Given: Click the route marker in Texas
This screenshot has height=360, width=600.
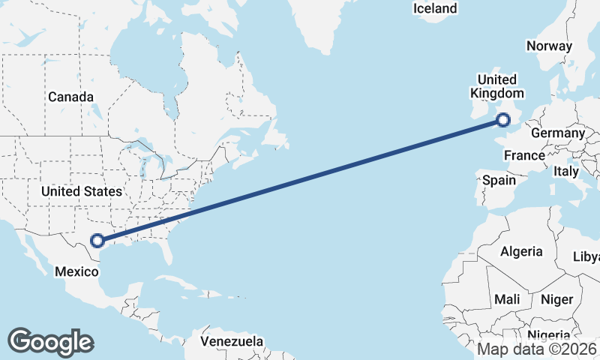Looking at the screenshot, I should [x=97, y=241].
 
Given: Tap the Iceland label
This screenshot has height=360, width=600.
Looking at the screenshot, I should [x=434, y=9].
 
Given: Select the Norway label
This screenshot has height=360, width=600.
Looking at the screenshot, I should [x=549, y=46].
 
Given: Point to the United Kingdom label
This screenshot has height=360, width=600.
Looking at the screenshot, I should [x=496, y=86].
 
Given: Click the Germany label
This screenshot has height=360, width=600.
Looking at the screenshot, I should [x=557, y=133].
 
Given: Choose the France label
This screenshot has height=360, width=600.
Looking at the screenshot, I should [x=523, y=156].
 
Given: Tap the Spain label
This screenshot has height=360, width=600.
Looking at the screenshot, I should [x=499, y=180].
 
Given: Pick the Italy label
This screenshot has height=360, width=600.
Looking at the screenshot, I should [x=566, y=171].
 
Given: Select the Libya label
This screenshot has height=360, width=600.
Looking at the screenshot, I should [x=586, y=257].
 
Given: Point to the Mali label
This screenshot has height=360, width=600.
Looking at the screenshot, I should [x=507, y=299].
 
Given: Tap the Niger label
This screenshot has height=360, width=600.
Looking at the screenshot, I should [x=556, y=299].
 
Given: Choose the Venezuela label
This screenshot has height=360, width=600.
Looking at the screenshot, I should [x=232, y=341].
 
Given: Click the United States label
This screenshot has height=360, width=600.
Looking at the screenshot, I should [x=81, y=191].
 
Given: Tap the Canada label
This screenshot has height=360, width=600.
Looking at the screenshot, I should [x=70, y=97].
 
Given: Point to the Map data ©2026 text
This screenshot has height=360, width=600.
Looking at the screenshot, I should [x=537, y=349].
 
